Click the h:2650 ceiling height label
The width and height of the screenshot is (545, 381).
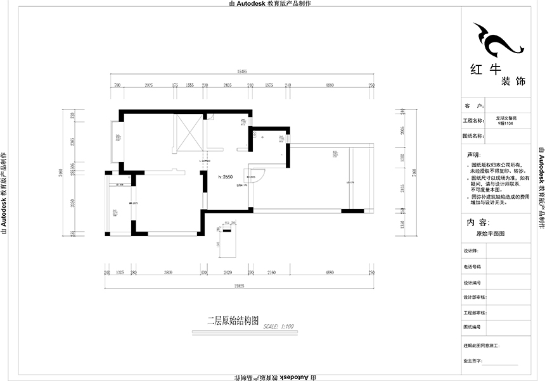pos(226,178)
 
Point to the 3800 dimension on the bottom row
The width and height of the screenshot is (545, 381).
pos(168,273)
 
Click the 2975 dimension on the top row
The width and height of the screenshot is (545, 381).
pos(150,84)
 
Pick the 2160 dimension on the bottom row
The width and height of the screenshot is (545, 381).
pos(271,273)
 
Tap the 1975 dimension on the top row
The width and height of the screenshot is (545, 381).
pos(269,84)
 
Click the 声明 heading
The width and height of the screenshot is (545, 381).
pos(473,154)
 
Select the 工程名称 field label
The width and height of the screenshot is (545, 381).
pos(474,120)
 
